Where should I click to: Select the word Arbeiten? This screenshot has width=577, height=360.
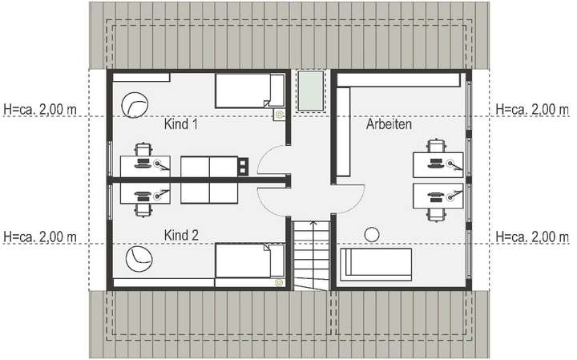coord(389,126)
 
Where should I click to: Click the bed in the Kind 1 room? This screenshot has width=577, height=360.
coord(249,91)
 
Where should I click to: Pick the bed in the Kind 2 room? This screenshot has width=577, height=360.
coord(249,261)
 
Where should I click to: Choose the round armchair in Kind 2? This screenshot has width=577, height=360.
coord(135,258)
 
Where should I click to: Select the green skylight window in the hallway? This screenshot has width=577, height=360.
coord(309,93)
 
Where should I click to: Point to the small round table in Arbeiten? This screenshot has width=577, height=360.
coord(371,233)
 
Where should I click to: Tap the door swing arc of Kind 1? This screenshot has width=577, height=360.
coord(270,160)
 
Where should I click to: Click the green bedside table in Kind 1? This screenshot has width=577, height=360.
coord(279,115)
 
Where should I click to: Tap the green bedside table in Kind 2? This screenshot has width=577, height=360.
coord(279,282)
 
